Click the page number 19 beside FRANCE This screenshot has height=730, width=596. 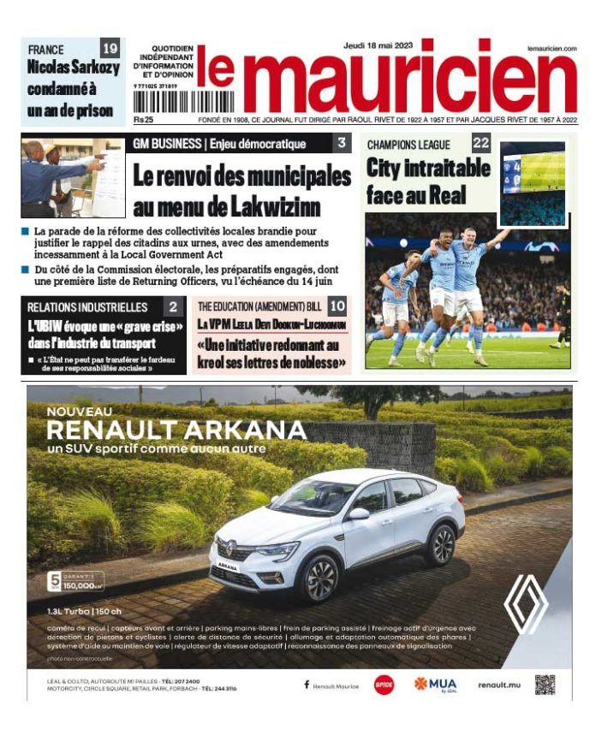click(110, 48)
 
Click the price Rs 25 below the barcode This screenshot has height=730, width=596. click(143, 119)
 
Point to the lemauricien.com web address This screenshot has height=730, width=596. click(551, 49)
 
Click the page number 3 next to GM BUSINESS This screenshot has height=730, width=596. click(342, 143)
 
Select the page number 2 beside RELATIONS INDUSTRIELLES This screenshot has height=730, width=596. click(173, 306)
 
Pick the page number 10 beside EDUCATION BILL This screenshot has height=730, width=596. click(337, 306)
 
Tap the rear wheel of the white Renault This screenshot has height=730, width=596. click(441, 544)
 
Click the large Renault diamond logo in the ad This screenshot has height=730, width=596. click(525, 602)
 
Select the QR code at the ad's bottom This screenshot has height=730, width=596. click(545, 684)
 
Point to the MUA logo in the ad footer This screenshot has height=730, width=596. click(436, 685)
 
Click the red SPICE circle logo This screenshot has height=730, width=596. click(384, 685)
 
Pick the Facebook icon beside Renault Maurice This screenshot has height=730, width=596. click(307, 685)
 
